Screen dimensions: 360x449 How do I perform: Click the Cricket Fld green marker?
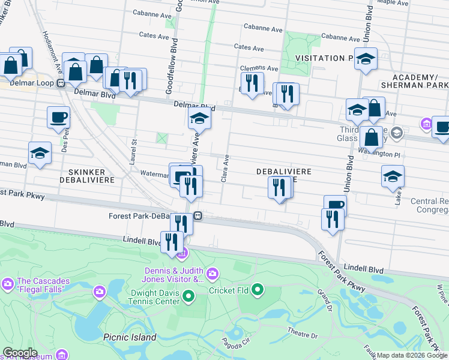click(x=258, y=290)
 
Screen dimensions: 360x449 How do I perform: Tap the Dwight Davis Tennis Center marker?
click(x=188, y=295)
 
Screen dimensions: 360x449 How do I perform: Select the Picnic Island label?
click(x=130, y=337)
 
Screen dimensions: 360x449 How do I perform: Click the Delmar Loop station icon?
click(x=61, y=83)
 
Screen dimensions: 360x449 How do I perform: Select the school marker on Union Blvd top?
click(x=365, y=59)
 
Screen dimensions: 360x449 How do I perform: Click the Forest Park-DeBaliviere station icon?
click(x=197, y=216)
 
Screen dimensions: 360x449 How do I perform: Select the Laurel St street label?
click(x=134, y=148)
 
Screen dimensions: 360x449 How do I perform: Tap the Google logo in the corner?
click(x=19, y=353)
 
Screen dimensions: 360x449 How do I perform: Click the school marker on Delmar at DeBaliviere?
click(x=199, y=118)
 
